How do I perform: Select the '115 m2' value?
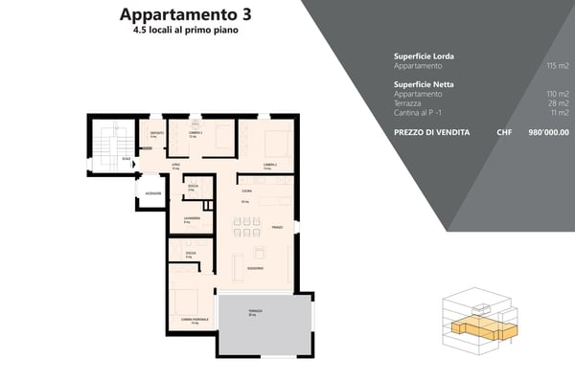click(557, 66)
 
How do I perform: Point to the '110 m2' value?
click(557, 95)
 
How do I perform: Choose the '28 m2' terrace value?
click(559, 103)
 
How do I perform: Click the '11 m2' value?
click(560, 113)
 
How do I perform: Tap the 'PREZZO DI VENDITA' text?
click(431, 132)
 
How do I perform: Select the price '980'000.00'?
click(547, 132)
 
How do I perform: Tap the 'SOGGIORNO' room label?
click(256, 267)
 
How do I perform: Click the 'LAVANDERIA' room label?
click(191, 217)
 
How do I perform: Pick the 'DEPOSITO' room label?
click(156, 132)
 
